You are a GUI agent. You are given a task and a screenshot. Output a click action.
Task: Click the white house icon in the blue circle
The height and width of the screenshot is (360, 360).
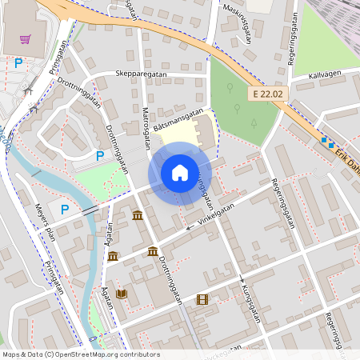click(180, 172)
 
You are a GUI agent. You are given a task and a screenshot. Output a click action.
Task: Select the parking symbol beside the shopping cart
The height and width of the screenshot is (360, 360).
click(18, 62)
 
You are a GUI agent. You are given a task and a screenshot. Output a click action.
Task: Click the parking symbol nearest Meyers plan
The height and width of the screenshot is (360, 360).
click(65, 210)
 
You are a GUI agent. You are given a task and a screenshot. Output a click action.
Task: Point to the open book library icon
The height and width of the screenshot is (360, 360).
click(121, 294)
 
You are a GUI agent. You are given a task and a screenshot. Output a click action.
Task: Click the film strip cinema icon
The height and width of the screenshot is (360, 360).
click(202, 299)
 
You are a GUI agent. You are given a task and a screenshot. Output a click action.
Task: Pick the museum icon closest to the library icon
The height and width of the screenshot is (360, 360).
click(113, 256)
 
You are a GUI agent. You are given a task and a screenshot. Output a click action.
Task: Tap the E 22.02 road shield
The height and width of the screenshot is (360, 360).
click(267, 94)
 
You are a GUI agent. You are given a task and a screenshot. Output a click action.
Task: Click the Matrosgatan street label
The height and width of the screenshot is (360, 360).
click(146, 126)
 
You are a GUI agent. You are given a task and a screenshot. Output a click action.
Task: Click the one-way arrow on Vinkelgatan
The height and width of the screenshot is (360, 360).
click(190, 227)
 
